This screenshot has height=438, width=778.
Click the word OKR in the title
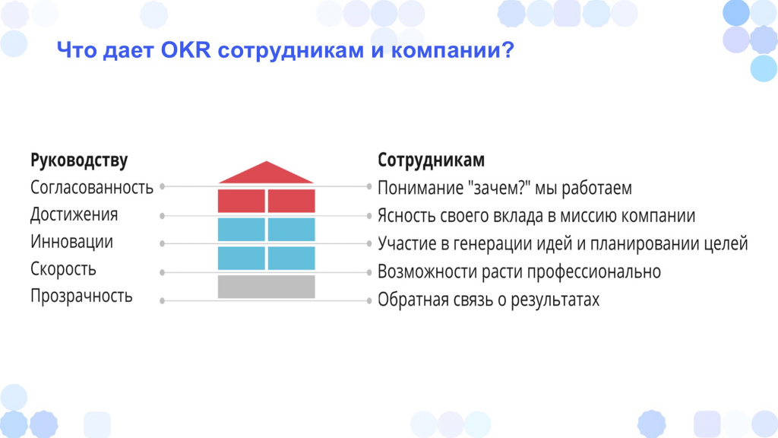pyautogui.click(x=185, y=51)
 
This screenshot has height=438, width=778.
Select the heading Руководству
pyautogui.click(x=79, y=160)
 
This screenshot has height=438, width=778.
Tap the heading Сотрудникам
pyautogui.click(x=431, y=160)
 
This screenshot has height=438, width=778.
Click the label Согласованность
pyautogui.click(x=92, y=187)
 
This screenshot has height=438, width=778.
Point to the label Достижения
pyautogui.click(x=74, y=214)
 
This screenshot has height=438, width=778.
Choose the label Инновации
pyautogui.click(x=71, y=241)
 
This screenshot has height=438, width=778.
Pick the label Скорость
pyautogui.click(x=63, y=268)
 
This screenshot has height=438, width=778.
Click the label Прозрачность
pyautogui.click(x=81, y=296)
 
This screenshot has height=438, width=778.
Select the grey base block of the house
pyautogui.click(x=266, y=287)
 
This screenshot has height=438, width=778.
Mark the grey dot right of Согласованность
pyautogui.click(x=163, y=186)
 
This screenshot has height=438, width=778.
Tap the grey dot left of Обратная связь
pyautogui.click(x=369, y=300)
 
